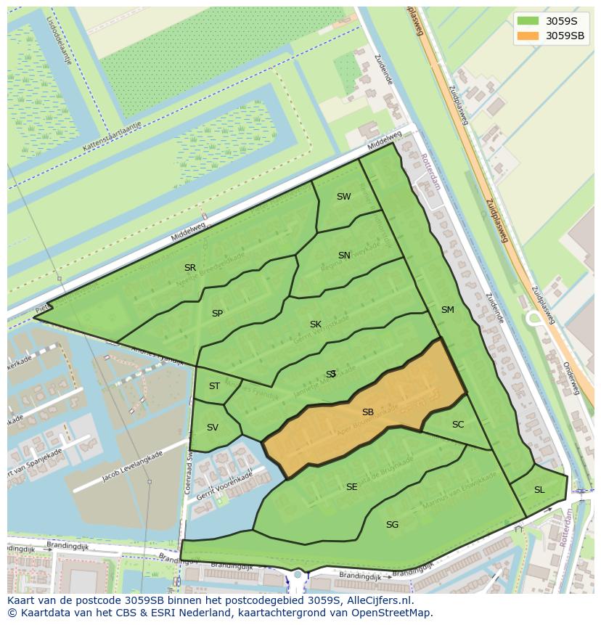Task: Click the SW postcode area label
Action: pos(343,197)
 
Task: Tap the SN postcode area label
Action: pos(344,256)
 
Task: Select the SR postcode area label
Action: pos(190,268)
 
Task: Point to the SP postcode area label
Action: pos(217,314)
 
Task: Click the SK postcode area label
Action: pos(315,324)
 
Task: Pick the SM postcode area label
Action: pos(447,310)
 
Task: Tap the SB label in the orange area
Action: pos(368,412)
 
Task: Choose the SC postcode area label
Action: pos(457,425)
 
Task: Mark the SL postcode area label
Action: pos(539,490)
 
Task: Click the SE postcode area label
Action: pos(351,487)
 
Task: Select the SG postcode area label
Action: pos(392,525)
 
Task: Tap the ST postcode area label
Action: pos(214,386)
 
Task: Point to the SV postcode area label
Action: pos(212,428)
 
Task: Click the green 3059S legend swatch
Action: pos(528,21)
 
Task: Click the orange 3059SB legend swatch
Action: pos(528,36)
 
